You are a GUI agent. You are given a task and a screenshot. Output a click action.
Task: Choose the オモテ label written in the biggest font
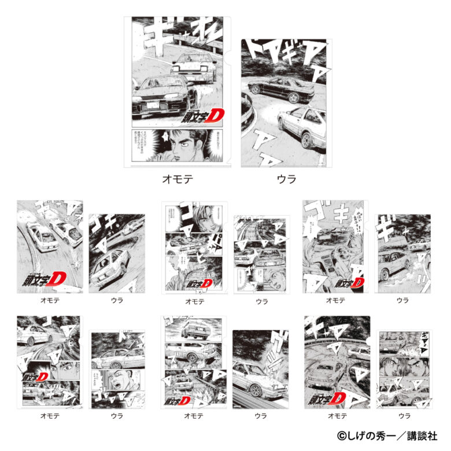[177, 179]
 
